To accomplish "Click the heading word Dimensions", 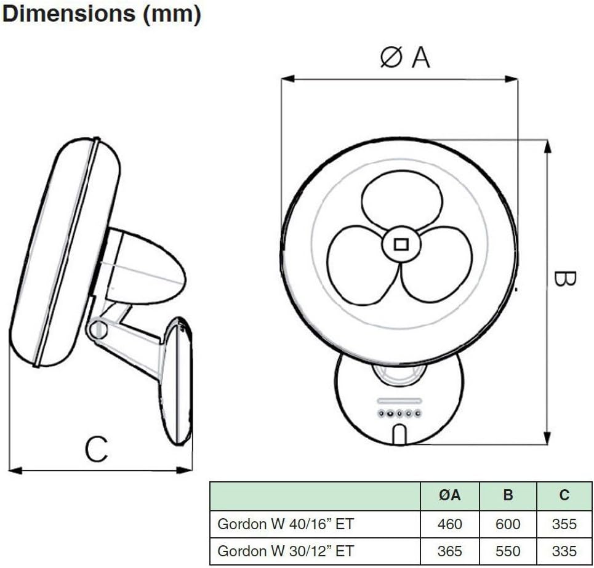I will click(69, 15).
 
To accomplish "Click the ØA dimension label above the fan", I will click(404, 57).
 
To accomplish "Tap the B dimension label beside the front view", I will click(564, 279).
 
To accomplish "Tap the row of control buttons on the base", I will click(399, 413).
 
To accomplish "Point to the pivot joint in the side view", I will click(97, 331).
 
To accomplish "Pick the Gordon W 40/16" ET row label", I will click(286, 524).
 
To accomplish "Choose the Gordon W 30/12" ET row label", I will click(286, 551).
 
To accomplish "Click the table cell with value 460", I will click(449, 524).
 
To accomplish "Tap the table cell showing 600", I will click(507, 524).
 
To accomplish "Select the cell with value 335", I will click(564, 551).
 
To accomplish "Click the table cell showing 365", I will click(449, 551).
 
